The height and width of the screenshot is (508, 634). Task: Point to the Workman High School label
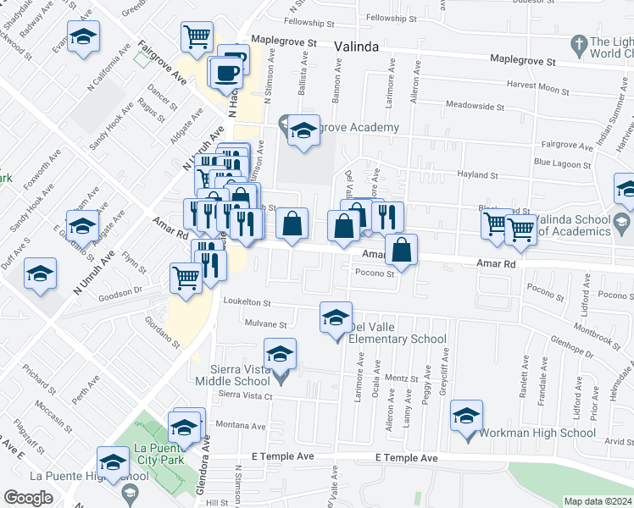click(x=526, y=433)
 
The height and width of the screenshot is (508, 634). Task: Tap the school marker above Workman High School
click(x=466, y=417)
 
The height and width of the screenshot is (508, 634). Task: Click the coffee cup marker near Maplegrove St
click(x=227, y=73)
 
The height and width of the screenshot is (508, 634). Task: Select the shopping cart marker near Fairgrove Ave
click(x=197, y=37)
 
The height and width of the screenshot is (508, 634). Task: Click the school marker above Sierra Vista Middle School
click(x=281, y=354)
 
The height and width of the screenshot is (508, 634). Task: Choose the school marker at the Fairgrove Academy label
click(x=303, y=131)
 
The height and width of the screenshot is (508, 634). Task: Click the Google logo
click(x=28, y=498)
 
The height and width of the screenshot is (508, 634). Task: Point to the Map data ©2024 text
click(x=597, y=501)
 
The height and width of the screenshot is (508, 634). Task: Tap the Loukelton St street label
click(x=246, y=302)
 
